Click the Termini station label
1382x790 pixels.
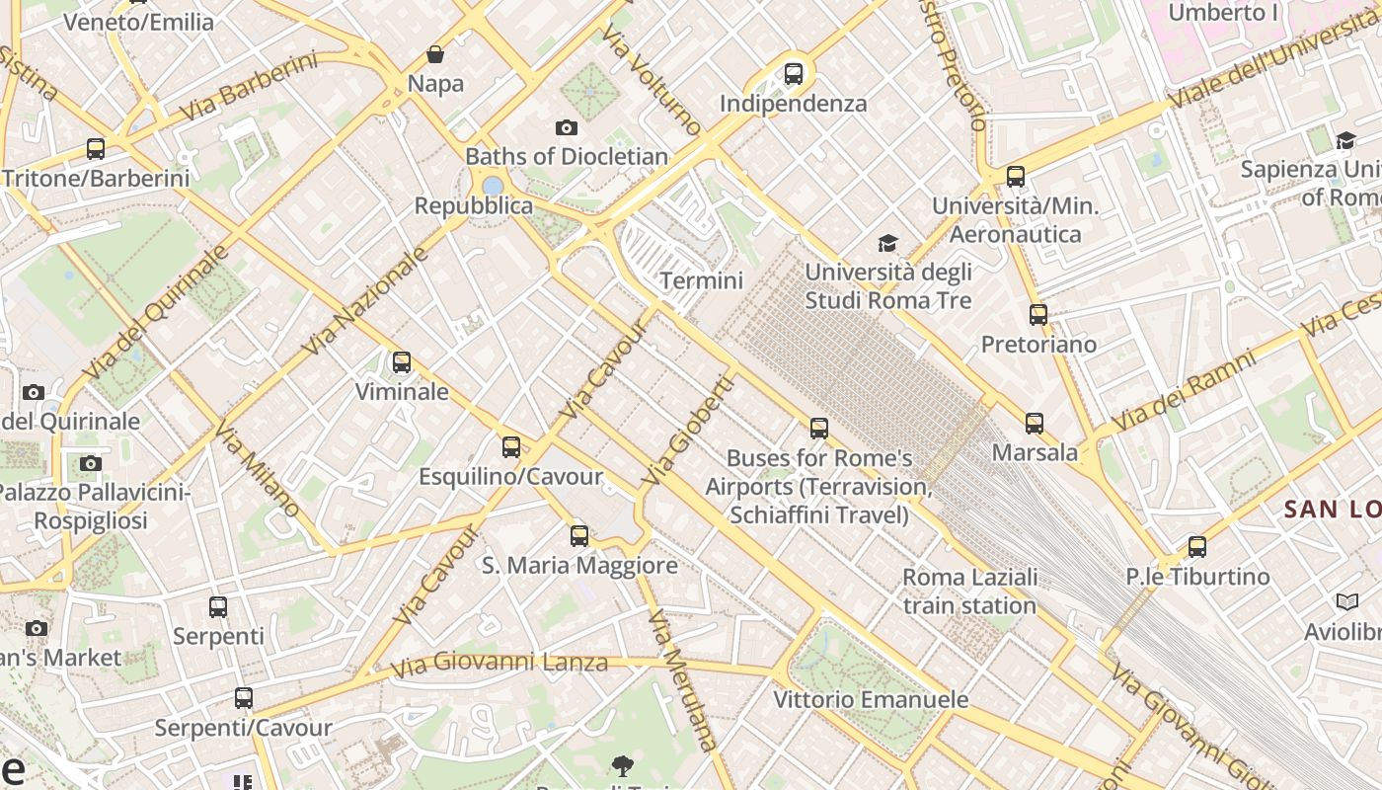[701, 280]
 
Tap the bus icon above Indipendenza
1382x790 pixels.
[793, 74]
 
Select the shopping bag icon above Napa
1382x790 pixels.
[435, 54]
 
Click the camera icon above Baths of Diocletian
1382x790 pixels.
[566, 127]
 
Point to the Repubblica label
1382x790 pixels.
[473, 206]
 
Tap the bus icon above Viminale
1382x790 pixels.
[401, 362]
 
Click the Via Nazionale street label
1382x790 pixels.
[366, 301]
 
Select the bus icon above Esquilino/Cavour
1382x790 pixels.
[510, 447]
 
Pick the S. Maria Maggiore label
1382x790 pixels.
[579, 566]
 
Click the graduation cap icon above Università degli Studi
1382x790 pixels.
[887, 243]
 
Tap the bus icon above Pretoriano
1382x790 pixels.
[1037, 315]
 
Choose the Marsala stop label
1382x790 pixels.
[1035, 452]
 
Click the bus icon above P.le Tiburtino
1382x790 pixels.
[1196, 546]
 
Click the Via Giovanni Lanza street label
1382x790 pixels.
[499, 663]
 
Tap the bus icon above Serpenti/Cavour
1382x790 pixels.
[243, 698]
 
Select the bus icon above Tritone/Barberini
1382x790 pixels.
[96, 149]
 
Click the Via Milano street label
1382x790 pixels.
[258, 470]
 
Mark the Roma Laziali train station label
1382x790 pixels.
[969, 591]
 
